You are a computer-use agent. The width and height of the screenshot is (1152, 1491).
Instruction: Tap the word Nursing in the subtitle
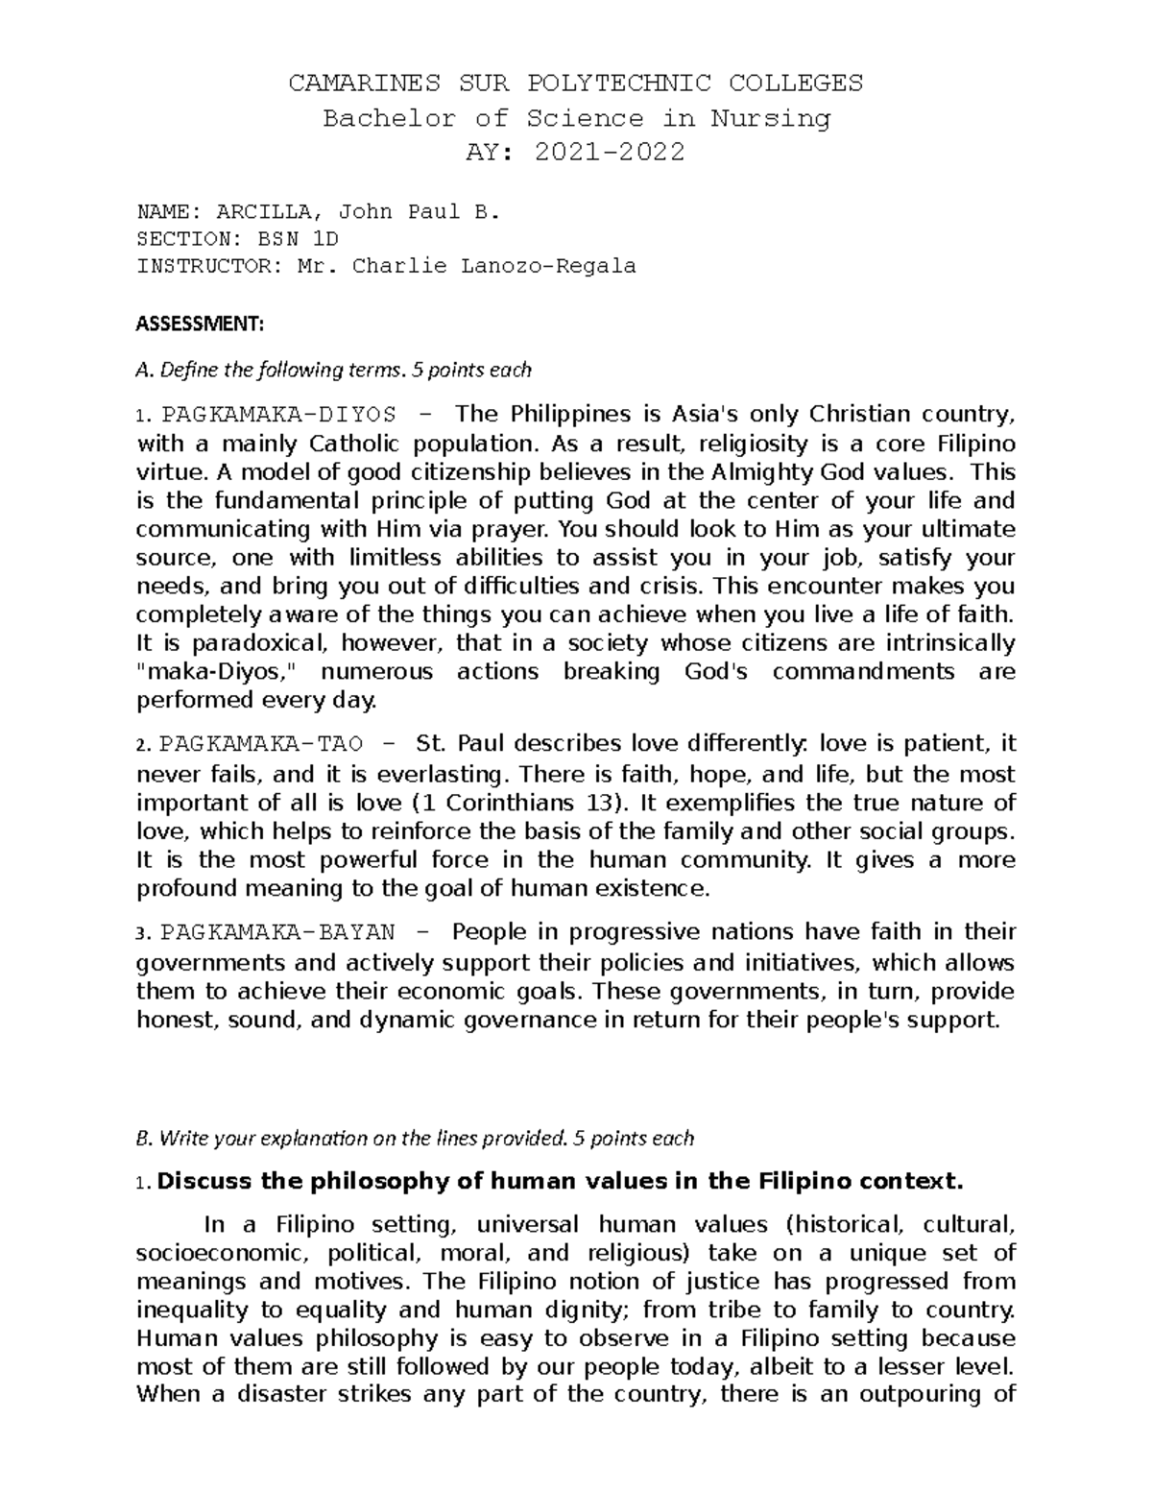[x=770, y=118]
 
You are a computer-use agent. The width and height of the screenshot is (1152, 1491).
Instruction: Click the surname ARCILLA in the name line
[x=255, y=212]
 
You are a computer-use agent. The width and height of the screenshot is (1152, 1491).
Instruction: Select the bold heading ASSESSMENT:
[x=199, y=325]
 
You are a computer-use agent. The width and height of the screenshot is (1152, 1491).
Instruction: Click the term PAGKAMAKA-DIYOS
[x=278, y=415]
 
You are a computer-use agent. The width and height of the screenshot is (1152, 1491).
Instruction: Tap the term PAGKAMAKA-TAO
[x=262, y=744]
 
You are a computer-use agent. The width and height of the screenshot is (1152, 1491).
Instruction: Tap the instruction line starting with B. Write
[x=415, y=1139]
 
